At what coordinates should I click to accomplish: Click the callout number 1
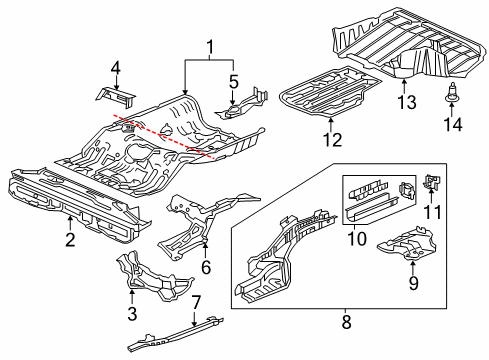(209, 47)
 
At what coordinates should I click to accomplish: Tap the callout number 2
(69, 239)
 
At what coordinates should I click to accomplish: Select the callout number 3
(131, 315)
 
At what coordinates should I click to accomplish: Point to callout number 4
(116, 68)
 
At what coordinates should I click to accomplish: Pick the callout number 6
(206, 267)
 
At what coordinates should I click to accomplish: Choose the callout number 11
(434, 211)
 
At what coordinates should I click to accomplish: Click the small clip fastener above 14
(452, 96)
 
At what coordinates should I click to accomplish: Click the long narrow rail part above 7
(176, 334)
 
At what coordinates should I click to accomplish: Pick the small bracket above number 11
(433, 181)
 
